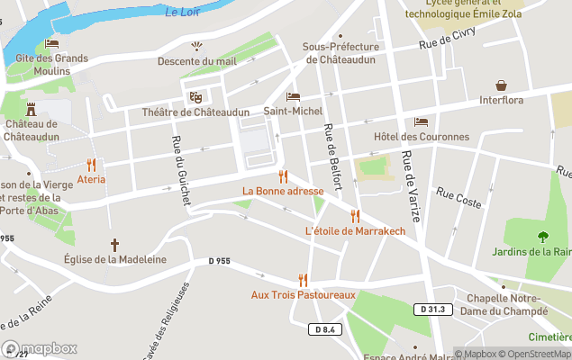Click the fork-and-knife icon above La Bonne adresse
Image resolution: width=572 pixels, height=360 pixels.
point(283,176)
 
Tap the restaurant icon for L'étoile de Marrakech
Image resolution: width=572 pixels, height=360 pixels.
point(355,216)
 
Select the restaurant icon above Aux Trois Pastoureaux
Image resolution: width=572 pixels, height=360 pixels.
point(303,280)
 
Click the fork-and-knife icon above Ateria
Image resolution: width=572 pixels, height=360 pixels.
point(91,165)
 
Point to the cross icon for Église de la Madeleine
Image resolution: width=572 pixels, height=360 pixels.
point(114,245)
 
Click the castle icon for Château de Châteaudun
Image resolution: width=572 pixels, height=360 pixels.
point(32,108)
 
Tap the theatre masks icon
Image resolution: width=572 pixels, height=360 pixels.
point(195,97)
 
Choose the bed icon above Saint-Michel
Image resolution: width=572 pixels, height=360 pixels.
point(293,96)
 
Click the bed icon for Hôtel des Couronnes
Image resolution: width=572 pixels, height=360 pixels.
point(421,121)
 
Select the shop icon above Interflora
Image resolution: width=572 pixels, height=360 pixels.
point(502,85)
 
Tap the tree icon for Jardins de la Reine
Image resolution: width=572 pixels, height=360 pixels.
point(543,237)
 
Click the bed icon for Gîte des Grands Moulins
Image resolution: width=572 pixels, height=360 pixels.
point(51,44)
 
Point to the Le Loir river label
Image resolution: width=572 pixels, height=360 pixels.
point(183,12)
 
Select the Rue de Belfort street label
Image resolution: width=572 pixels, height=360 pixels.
point(331,157)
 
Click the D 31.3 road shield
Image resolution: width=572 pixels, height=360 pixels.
point(434,309)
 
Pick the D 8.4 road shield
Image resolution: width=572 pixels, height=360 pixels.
point(326,328)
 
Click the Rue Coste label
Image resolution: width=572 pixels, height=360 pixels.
point(459,197)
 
